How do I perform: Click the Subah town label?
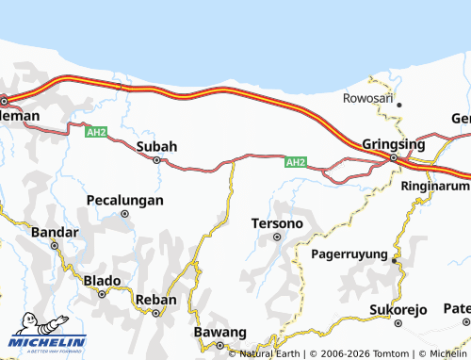click(156, 146)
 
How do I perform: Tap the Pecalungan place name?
click(124, 200)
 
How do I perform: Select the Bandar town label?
click(54, 231)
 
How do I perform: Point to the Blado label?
click(103, 280)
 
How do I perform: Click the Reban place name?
click(156, 300)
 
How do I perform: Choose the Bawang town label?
click(219, 333)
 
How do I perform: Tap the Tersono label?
click(277, 223)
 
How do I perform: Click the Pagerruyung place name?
click(349, 254)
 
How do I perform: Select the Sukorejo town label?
click(398, 309)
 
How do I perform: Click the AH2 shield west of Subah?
click(96, 132)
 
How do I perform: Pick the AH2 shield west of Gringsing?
click(296, 162)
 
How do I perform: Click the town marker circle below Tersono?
click(277, 237)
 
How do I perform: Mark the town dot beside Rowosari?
click(399, 105)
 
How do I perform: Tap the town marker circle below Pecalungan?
click(124, 214)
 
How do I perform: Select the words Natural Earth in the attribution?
click(271, 354)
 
